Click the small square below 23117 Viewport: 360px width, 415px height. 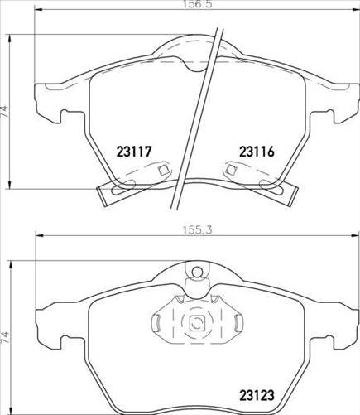click(x=162, y=171)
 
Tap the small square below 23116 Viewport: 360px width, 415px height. click(x=229, y=171)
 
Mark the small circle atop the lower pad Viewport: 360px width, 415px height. click(x=197, y=273)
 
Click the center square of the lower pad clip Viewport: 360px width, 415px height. click(x=197, y=326)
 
